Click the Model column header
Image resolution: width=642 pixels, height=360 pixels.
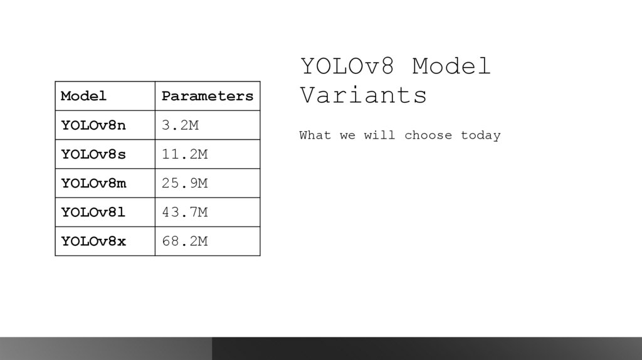click(x=84, y=96)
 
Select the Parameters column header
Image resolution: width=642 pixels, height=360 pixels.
click(x=208, y=96)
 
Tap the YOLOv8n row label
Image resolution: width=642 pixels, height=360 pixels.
click(x=93, y=125)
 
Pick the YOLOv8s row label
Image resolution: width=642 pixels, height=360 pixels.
click(x=93, y=154)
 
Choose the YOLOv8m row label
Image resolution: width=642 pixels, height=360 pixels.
click(x=93, y=183)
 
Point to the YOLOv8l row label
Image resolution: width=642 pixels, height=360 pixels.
click(x=93, y=212)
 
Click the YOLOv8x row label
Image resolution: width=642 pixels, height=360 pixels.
click(x=93, y=241)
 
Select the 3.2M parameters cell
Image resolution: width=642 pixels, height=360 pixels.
click(x=180, y=125)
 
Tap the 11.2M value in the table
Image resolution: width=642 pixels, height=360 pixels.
click(x=184, y=154)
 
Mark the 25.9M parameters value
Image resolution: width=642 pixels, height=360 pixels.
click(x=184, y=183)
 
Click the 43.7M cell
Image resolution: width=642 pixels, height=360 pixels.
click(x=184, y=212)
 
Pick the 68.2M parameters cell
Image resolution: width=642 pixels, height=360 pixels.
click(x=184, y=241)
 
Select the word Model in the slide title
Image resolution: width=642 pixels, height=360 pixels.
click(x=451, y=66)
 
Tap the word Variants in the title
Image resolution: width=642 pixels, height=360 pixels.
click(x=364, y=95)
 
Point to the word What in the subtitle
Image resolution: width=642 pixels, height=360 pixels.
click(x=315, y=135)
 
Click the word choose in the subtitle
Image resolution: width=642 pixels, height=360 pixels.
click(x=428, y=135)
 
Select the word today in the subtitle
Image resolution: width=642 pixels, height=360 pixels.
click(x=480, y=135)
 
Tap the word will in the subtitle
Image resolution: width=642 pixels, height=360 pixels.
click(x=380, y=135)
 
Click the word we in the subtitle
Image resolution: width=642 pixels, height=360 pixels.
click(x=347, y=135)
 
